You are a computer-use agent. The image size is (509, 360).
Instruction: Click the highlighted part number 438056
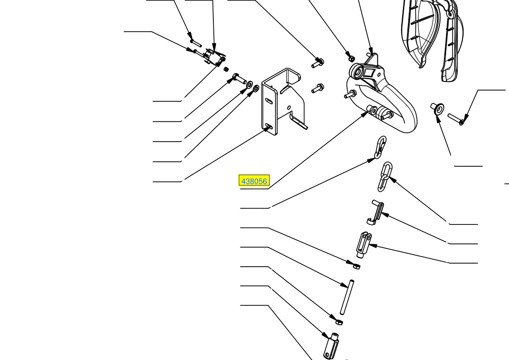(x=254, y=181)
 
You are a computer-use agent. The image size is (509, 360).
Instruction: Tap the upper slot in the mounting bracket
(x=269, y=101)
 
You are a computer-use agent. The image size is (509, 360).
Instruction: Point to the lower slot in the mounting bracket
(x=268, y=125)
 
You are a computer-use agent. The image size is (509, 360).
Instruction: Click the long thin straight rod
(x=347, y=297)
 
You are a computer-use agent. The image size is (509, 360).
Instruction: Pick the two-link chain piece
(x=385, y=177)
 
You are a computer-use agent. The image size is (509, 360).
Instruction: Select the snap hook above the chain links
(x=381, y=147)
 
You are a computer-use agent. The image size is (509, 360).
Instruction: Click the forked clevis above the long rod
(x=363, y=244)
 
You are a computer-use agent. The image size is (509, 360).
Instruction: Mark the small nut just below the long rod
(x=339, y=322)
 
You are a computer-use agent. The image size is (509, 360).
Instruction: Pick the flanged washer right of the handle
(x=437, y=108)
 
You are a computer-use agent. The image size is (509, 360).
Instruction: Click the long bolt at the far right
(x=456, y=119)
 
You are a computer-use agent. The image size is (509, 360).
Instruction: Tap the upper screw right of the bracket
(x=318, y=62)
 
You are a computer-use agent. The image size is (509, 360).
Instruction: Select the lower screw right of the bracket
(x=318, y=88)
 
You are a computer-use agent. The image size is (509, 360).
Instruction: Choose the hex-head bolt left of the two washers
(x=239, y=78)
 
